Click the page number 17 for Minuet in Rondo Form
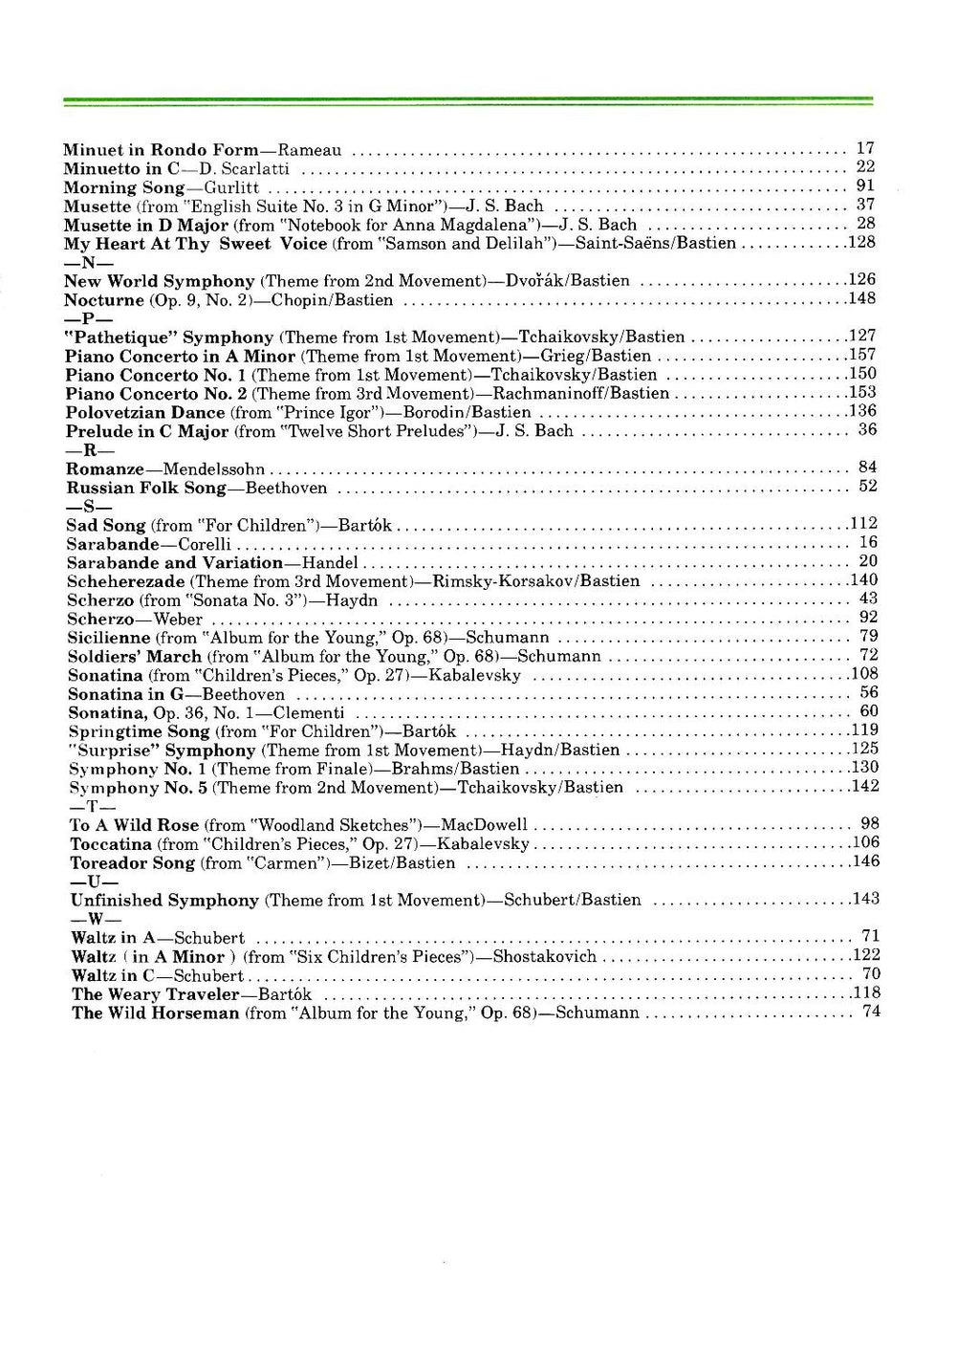[865, 148]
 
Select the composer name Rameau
[310, 150]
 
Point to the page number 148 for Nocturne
[862, 298]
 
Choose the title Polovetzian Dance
[145, 412]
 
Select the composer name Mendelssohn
[214, 468]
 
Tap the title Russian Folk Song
[146, 488]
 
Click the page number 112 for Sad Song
[863, 523]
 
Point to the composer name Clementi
[309, 712]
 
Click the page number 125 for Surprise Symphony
[864, 749]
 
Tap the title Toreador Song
[133, 862]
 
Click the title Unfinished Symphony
[164, 900]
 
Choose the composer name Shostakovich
[545, 956]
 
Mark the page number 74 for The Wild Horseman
[871, 1011]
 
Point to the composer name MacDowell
[484, 824]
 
